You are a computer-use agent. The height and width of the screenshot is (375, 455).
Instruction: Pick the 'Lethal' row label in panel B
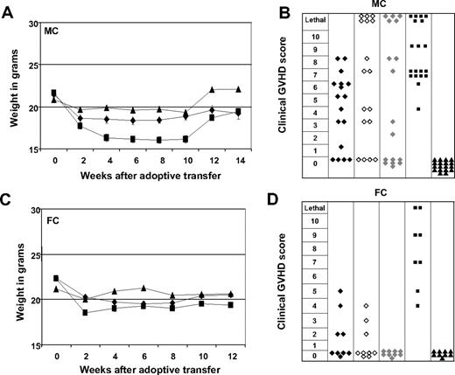(x=313, y=18)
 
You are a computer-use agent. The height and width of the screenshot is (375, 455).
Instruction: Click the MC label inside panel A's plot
(x=58, y=34)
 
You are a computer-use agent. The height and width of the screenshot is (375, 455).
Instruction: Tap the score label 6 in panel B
(x=313, y=87)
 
